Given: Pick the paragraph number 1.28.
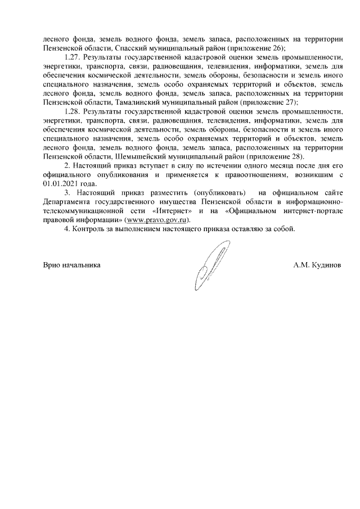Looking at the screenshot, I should (x=73, y=112).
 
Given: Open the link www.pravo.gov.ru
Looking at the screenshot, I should (x=158, y=220).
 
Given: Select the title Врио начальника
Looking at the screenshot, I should (x=72, y=264).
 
